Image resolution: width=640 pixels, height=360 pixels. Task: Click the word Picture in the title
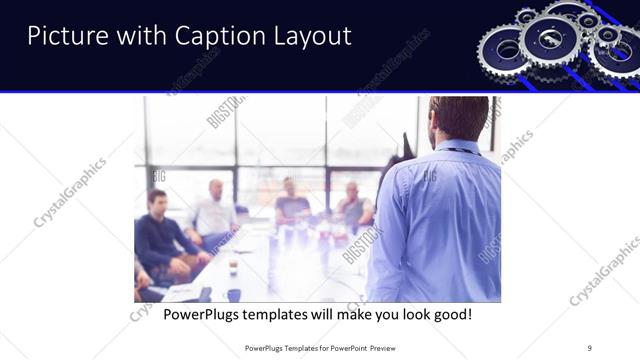coord(62,36)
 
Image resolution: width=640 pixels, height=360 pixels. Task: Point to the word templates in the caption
coord(285,315)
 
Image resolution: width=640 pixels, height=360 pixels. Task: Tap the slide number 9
coord(590,347)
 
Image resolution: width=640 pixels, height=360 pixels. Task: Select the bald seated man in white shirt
coord(213,211)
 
